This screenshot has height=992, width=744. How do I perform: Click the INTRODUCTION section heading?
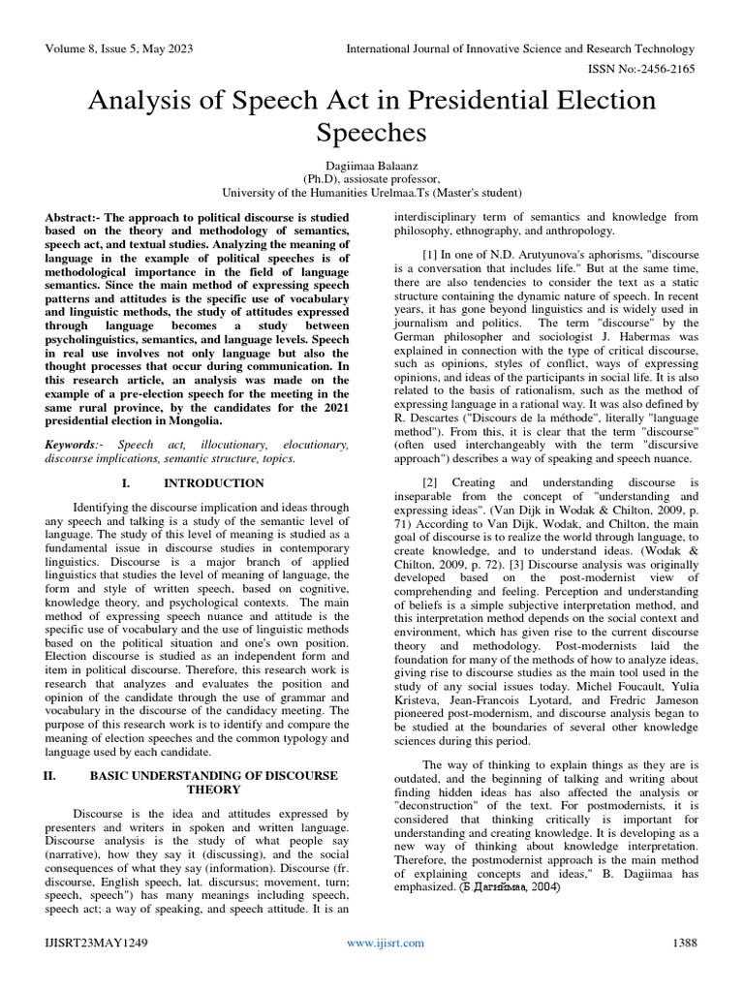[214, 482]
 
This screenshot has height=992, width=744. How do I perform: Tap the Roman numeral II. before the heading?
[53, 776]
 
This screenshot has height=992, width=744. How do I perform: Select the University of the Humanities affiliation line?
[372, 192]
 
